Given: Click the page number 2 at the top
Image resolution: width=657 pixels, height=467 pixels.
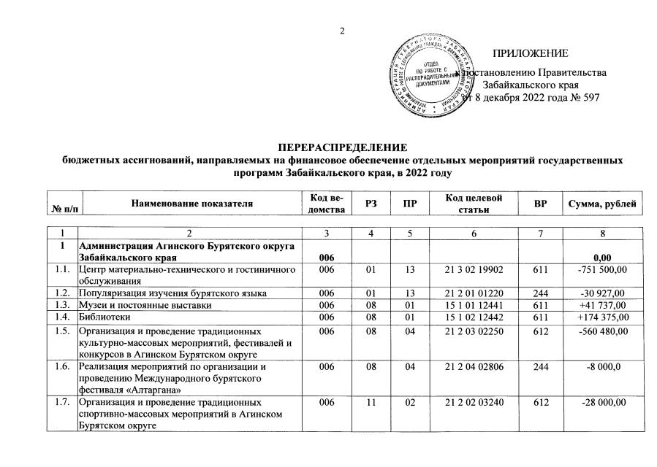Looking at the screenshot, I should (x=341, y=30).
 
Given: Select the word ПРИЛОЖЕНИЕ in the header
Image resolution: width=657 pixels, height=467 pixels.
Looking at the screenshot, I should (x=530, y=54).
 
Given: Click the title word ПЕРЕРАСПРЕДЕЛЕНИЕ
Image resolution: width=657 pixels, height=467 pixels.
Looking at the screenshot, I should (x=343, y=148).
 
